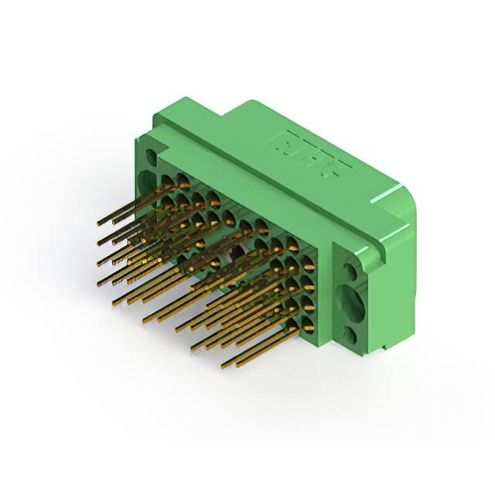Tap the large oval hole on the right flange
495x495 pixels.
351,303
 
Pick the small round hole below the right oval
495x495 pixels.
350,335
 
